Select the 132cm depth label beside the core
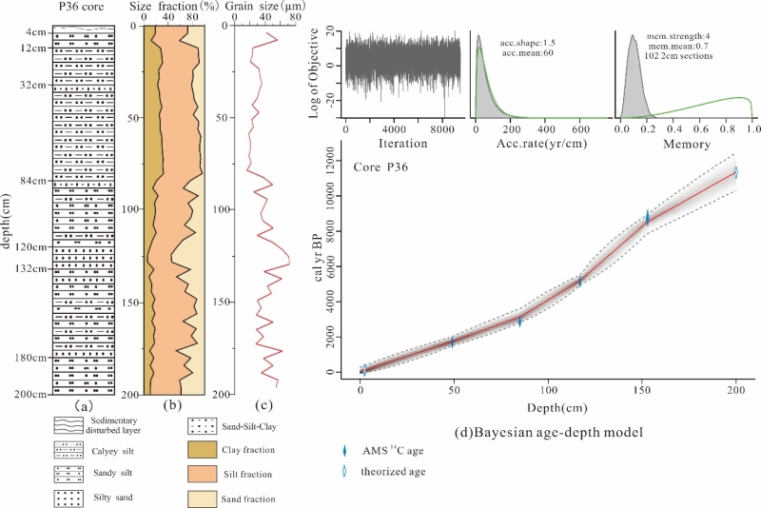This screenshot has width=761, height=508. [x=31, y=268]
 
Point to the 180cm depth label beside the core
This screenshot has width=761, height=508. [x=31, y=358]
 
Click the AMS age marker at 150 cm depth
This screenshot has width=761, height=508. [x=648, y=219]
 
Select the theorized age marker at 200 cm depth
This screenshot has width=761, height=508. [x=735, y=172]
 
